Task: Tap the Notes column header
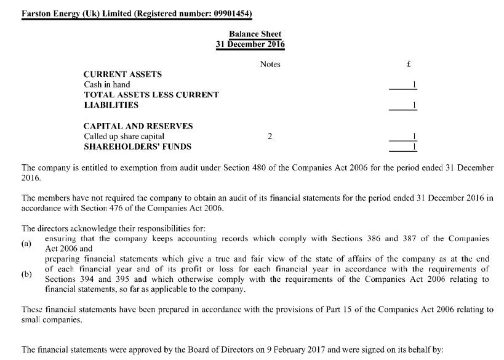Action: point(270,64)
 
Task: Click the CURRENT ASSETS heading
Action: point(122,74)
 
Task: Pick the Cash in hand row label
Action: point(106,84)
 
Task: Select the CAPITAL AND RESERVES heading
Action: point(138,126)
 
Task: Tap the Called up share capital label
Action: point(124,136)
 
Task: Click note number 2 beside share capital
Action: point(270,136)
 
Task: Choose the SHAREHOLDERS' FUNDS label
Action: point(137,146)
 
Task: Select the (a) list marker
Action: point(26,244)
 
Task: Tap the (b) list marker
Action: point(26,274)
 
